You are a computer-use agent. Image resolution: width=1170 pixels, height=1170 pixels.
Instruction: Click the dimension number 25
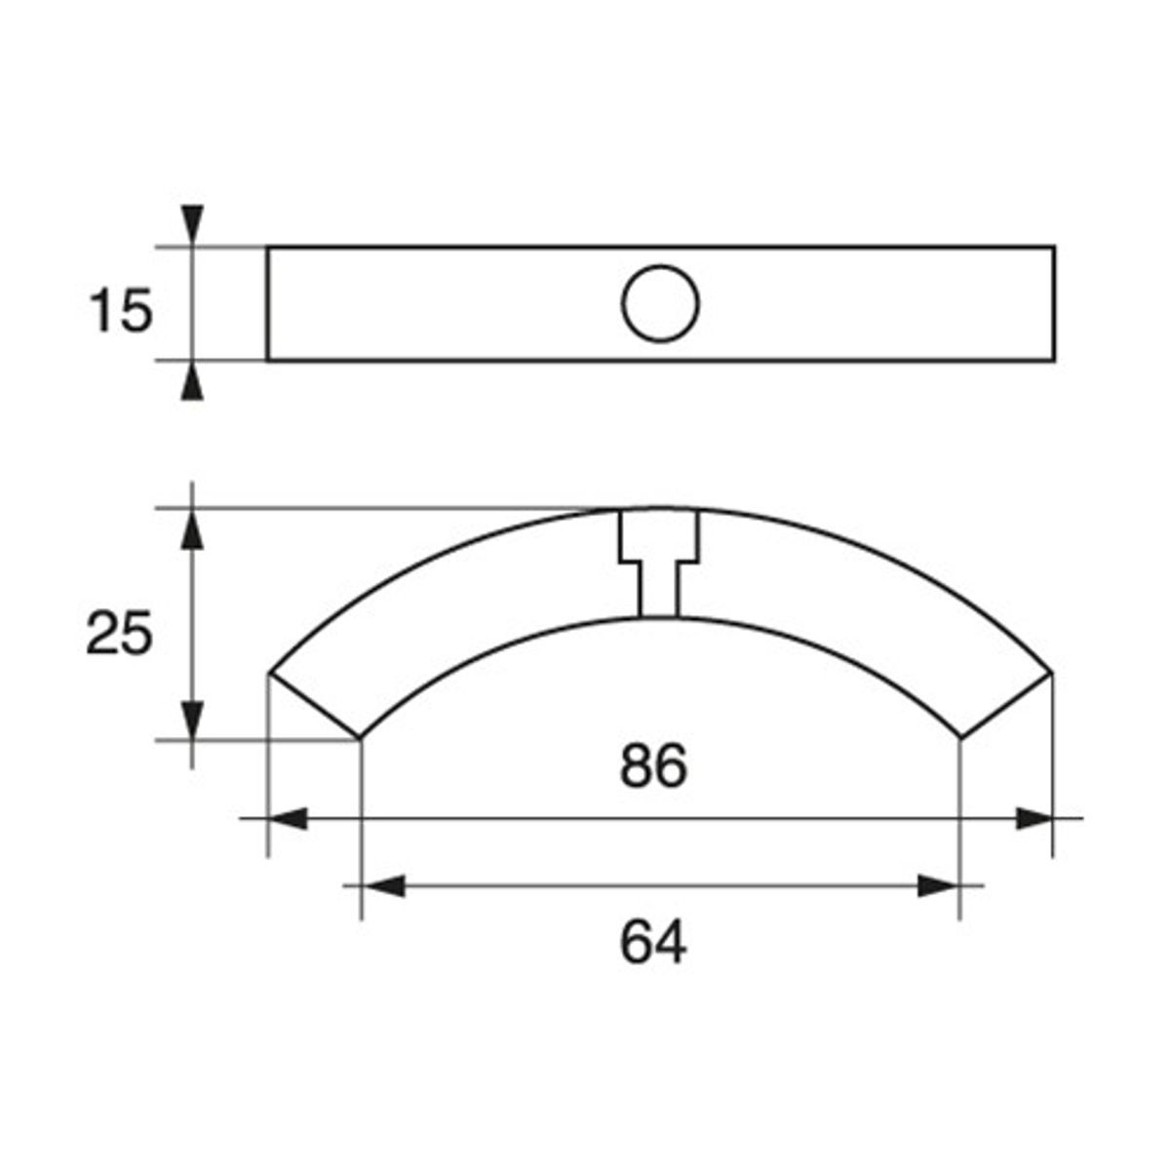coord(119,635)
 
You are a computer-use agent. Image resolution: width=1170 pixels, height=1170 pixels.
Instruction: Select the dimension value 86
coord(653,766)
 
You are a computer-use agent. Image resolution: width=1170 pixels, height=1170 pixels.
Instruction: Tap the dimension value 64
coord(653,943)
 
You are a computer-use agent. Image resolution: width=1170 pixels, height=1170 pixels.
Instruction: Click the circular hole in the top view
coord(660,303)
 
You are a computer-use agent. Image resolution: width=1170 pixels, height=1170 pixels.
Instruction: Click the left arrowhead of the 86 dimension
coord(287,818)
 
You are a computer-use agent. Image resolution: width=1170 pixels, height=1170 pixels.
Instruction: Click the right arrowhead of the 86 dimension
coord(1033,818)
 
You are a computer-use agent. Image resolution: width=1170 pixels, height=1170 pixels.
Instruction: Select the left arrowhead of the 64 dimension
coord(381,885)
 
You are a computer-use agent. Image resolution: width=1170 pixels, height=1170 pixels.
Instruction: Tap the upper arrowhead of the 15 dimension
coord(194,224)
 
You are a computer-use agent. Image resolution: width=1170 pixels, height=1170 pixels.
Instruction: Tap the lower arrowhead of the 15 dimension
coord(194,381)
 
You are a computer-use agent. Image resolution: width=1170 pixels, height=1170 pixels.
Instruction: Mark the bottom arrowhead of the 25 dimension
coord(194,720)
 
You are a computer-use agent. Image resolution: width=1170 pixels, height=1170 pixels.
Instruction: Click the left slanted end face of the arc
coord(314,705)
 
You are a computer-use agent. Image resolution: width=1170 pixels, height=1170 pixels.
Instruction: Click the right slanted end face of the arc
coord(1007,705)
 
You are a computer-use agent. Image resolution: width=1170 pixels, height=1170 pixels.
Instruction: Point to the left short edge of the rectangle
coord(268,303)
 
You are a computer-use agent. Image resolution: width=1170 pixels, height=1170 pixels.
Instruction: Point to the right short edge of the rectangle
coord(1054,303)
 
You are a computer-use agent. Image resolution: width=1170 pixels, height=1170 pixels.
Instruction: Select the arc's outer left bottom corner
coord(268,673)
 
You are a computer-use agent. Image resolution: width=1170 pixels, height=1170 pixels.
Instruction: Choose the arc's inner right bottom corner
coord(961,738)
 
